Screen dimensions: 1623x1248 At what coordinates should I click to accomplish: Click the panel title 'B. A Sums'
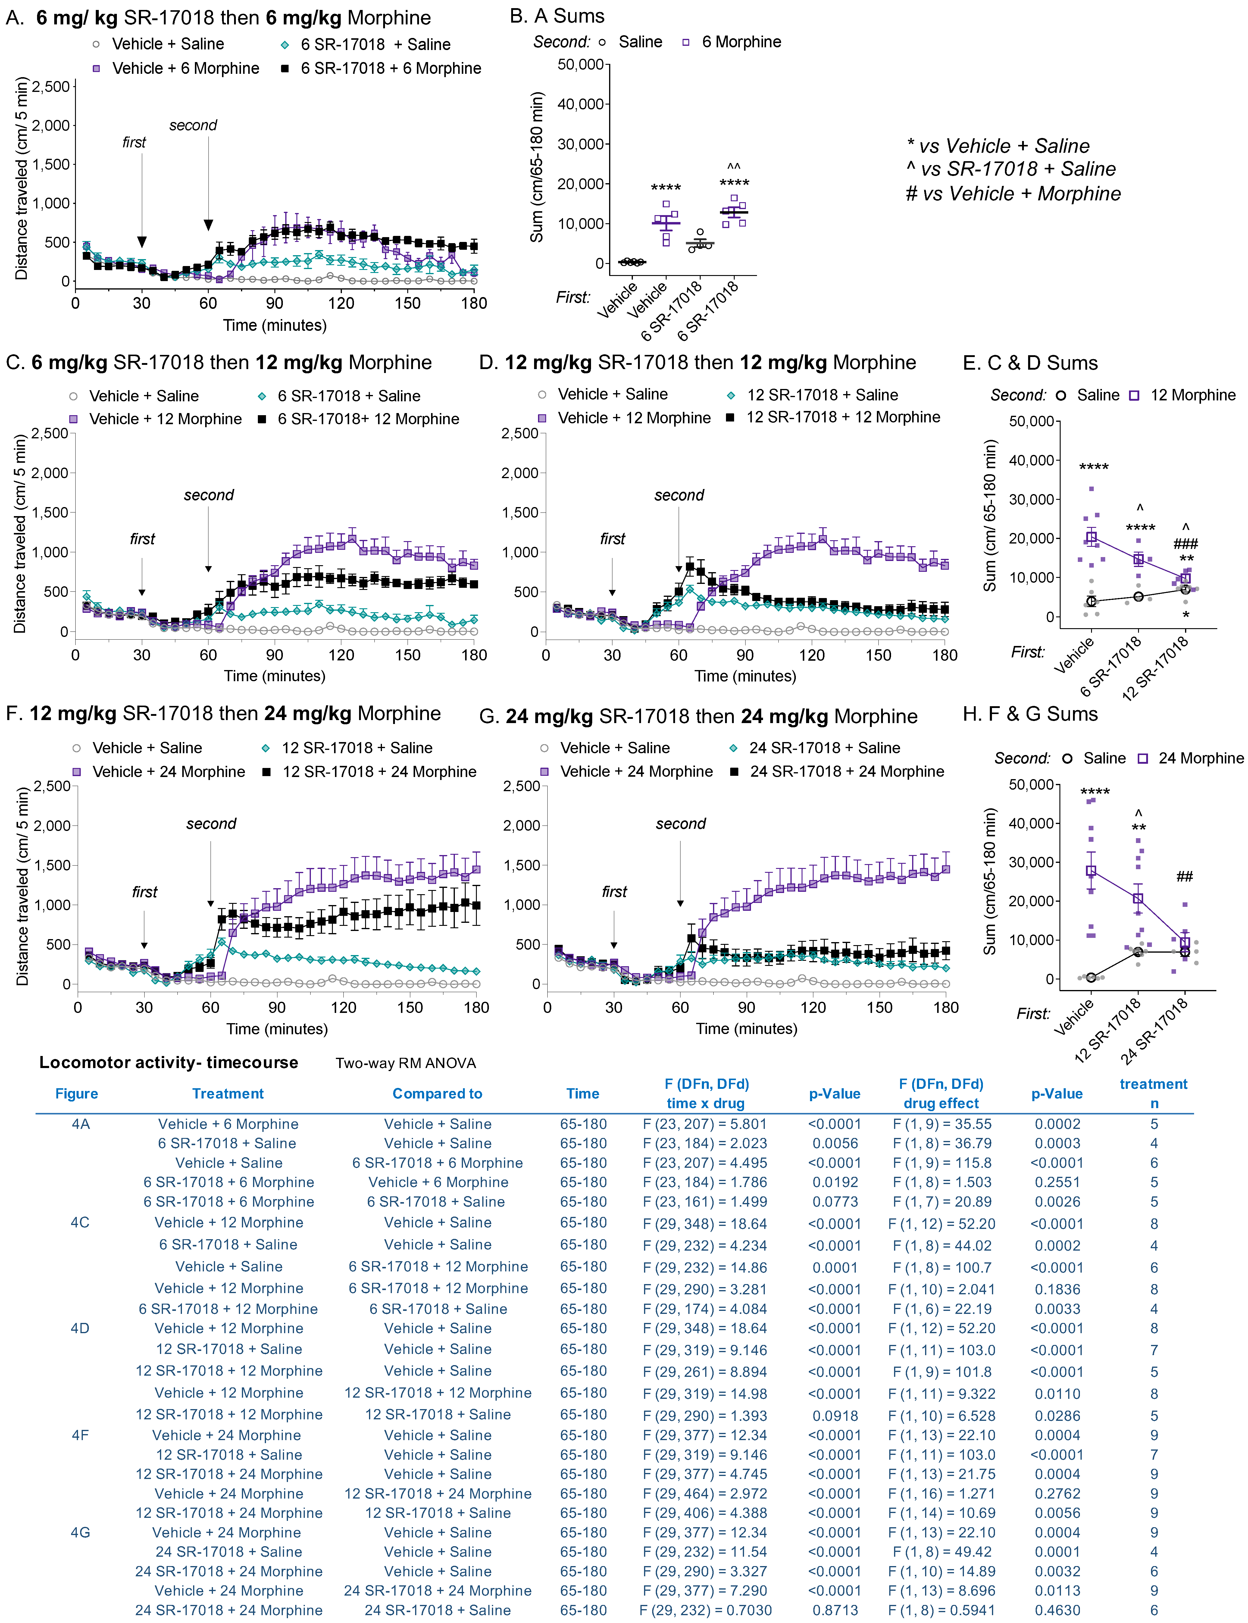(557, 16)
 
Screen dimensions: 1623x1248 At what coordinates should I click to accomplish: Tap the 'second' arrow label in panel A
(193, 125)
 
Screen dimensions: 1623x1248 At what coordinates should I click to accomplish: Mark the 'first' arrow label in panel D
(613, 538)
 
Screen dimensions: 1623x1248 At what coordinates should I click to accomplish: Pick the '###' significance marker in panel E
(1186, 544)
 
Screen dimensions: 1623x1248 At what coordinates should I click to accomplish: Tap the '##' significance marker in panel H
(1185, 876)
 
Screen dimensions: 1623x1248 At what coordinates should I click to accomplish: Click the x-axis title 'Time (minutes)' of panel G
(746, 1029)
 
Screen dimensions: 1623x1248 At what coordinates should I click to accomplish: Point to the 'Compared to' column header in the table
(438, 1093)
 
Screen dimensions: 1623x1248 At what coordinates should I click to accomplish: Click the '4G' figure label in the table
(80, 1532)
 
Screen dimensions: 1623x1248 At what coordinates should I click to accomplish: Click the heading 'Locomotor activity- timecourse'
(169, 1062)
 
